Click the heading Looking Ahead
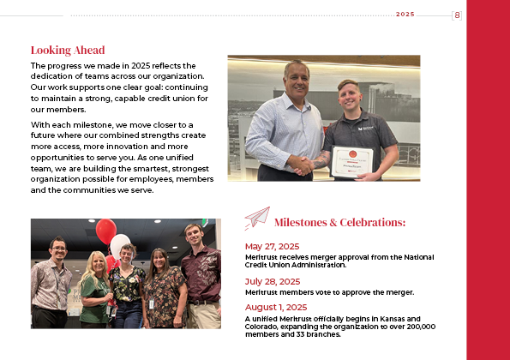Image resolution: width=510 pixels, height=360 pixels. click(x=68, y=50)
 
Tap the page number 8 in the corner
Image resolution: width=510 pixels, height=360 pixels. click(x=457, y=15)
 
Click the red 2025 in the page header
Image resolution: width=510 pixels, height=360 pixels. click(x=405, y=15)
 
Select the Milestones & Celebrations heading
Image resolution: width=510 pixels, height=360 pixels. click(x=339, y=223)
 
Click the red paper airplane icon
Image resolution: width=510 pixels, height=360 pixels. click(x=256, y=218)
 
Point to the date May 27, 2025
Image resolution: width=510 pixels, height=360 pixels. click(x=272, y=247)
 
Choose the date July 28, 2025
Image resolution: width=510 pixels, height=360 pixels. click(x=273, y=281)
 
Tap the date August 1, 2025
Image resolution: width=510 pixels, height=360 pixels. click(x=276, y=307)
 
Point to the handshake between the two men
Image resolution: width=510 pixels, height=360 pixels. click(x=303, y=164)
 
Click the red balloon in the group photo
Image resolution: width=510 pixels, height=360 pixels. click(x=105, y=230)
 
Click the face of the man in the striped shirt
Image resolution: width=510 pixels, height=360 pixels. click(x=296, y=78)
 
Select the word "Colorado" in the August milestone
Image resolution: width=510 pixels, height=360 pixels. click(x=262, y=326)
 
